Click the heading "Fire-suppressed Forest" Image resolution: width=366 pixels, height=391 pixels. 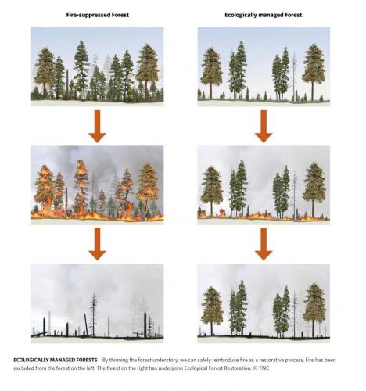98,15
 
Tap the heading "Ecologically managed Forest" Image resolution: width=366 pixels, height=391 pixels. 264,15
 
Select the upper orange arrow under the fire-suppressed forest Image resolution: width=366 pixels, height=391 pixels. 97,126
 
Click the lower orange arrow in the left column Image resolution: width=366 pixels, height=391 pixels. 97,244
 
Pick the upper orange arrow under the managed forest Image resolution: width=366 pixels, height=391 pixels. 264,126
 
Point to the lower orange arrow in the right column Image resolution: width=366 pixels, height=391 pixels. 264,244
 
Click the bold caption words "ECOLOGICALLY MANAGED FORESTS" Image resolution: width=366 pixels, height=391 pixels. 56,360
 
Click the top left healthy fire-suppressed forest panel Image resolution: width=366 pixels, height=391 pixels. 98,66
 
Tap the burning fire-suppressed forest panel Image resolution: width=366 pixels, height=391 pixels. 98,185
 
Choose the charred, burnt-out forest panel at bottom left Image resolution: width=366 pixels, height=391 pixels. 98,303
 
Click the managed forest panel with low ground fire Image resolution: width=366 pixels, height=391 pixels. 264,185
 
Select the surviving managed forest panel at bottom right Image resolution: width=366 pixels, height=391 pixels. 264,303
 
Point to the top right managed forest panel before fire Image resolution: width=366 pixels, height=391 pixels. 264,66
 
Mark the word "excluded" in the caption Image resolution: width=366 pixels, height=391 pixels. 23,368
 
